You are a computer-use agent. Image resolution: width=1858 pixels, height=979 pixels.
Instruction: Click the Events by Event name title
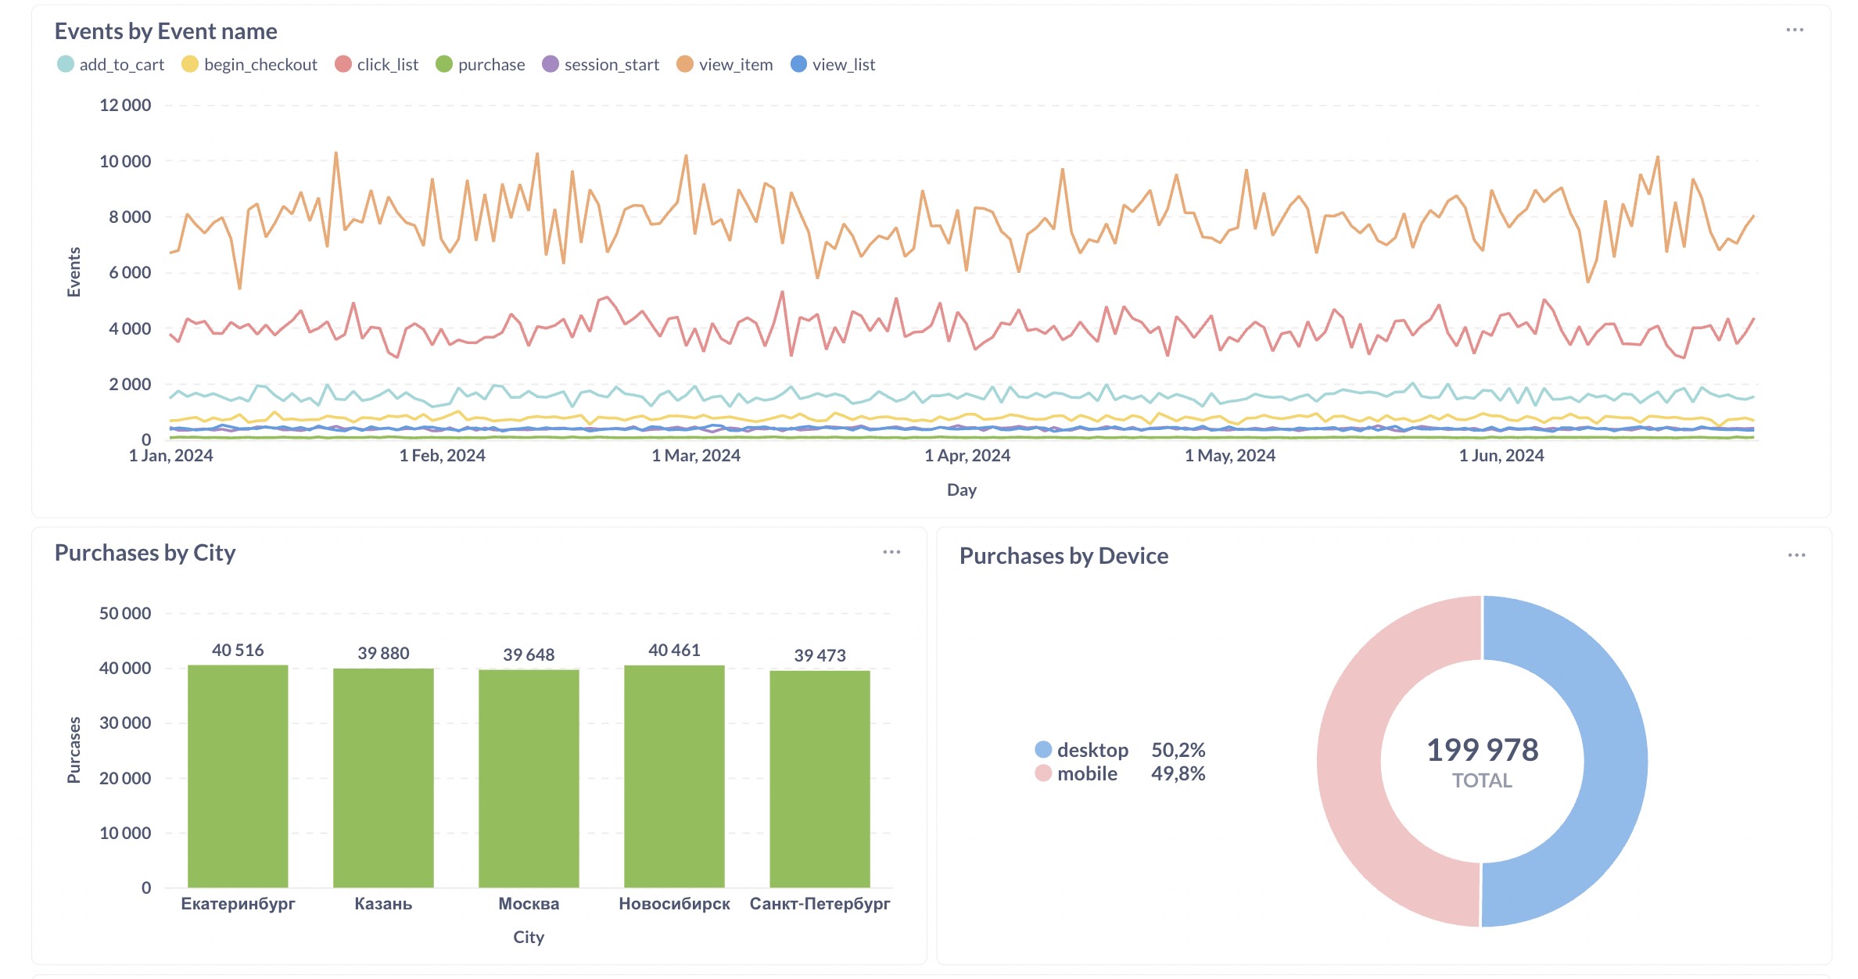click(166, 31)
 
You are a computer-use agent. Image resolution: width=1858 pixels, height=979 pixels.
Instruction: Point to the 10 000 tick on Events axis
click(125, 162)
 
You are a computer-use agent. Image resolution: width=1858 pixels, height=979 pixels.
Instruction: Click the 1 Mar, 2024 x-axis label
click(696, 455)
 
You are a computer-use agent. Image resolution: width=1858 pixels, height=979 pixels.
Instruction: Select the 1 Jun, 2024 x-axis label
click(1501, 455)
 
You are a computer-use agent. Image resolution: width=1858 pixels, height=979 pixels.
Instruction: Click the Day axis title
click(961, 490)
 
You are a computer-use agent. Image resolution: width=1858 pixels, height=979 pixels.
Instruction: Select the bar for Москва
click(529, 778)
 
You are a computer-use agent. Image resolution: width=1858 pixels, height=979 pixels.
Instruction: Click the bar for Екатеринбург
click(238, 776)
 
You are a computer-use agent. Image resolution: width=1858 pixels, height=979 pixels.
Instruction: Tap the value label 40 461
click(674, 651)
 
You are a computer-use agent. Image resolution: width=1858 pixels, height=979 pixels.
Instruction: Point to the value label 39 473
click(820, 655)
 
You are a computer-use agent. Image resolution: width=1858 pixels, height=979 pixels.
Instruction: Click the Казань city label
click(383, 904)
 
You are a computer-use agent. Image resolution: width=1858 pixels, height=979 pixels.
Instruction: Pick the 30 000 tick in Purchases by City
click(125, 723)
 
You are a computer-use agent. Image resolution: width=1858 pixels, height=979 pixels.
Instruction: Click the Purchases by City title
click(145, 553)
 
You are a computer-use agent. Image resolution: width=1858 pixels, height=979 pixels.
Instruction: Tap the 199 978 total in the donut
click(1482, 751)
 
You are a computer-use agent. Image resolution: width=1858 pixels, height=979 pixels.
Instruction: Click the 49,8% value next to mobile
click(1178, 774)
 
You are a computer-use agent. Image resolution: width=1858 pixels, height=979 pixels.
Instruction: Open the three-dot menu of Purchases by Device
click(1796, 555)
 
